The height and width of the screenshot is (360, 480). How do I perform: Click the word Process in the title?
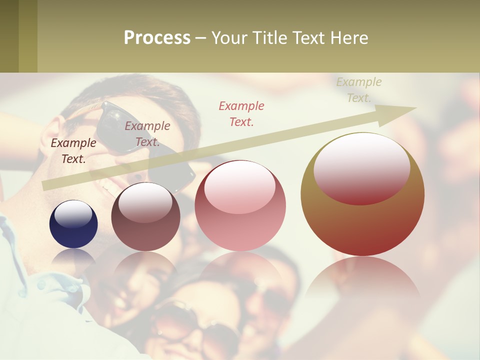pyautogui.click(x=157, y=38)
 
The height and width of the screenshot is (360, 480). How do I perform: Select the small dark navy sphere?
pyautogui.click(x=73, y=224)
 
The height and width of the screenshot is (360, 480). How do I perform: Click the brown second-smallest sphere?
pyautogui.click(x=145, y=216)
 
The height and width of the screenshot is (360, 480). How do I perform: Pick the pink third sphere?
pyautogui.click(x=240, y=205)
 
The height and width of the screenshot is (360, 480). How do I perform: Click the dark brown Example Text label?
pyautogui.click(x=73, y=151)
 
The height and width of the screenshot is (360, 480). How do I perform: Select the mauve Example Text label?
pyautogui.click(x=147, y=134)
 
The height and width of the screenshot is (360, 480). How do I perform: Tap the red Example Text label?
pyautogui.click(x=241, y=113)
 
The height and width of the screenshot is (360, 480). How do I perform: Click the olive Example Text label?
pyautogui.click(x=358, y=90)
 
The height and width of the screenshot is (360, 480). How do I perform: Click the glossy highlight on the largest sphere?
pyautogui.click(x=361, y=168)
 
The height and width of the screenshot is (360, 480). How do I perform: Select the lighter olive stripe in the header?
pyautogui.click(x=28, y=36)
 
